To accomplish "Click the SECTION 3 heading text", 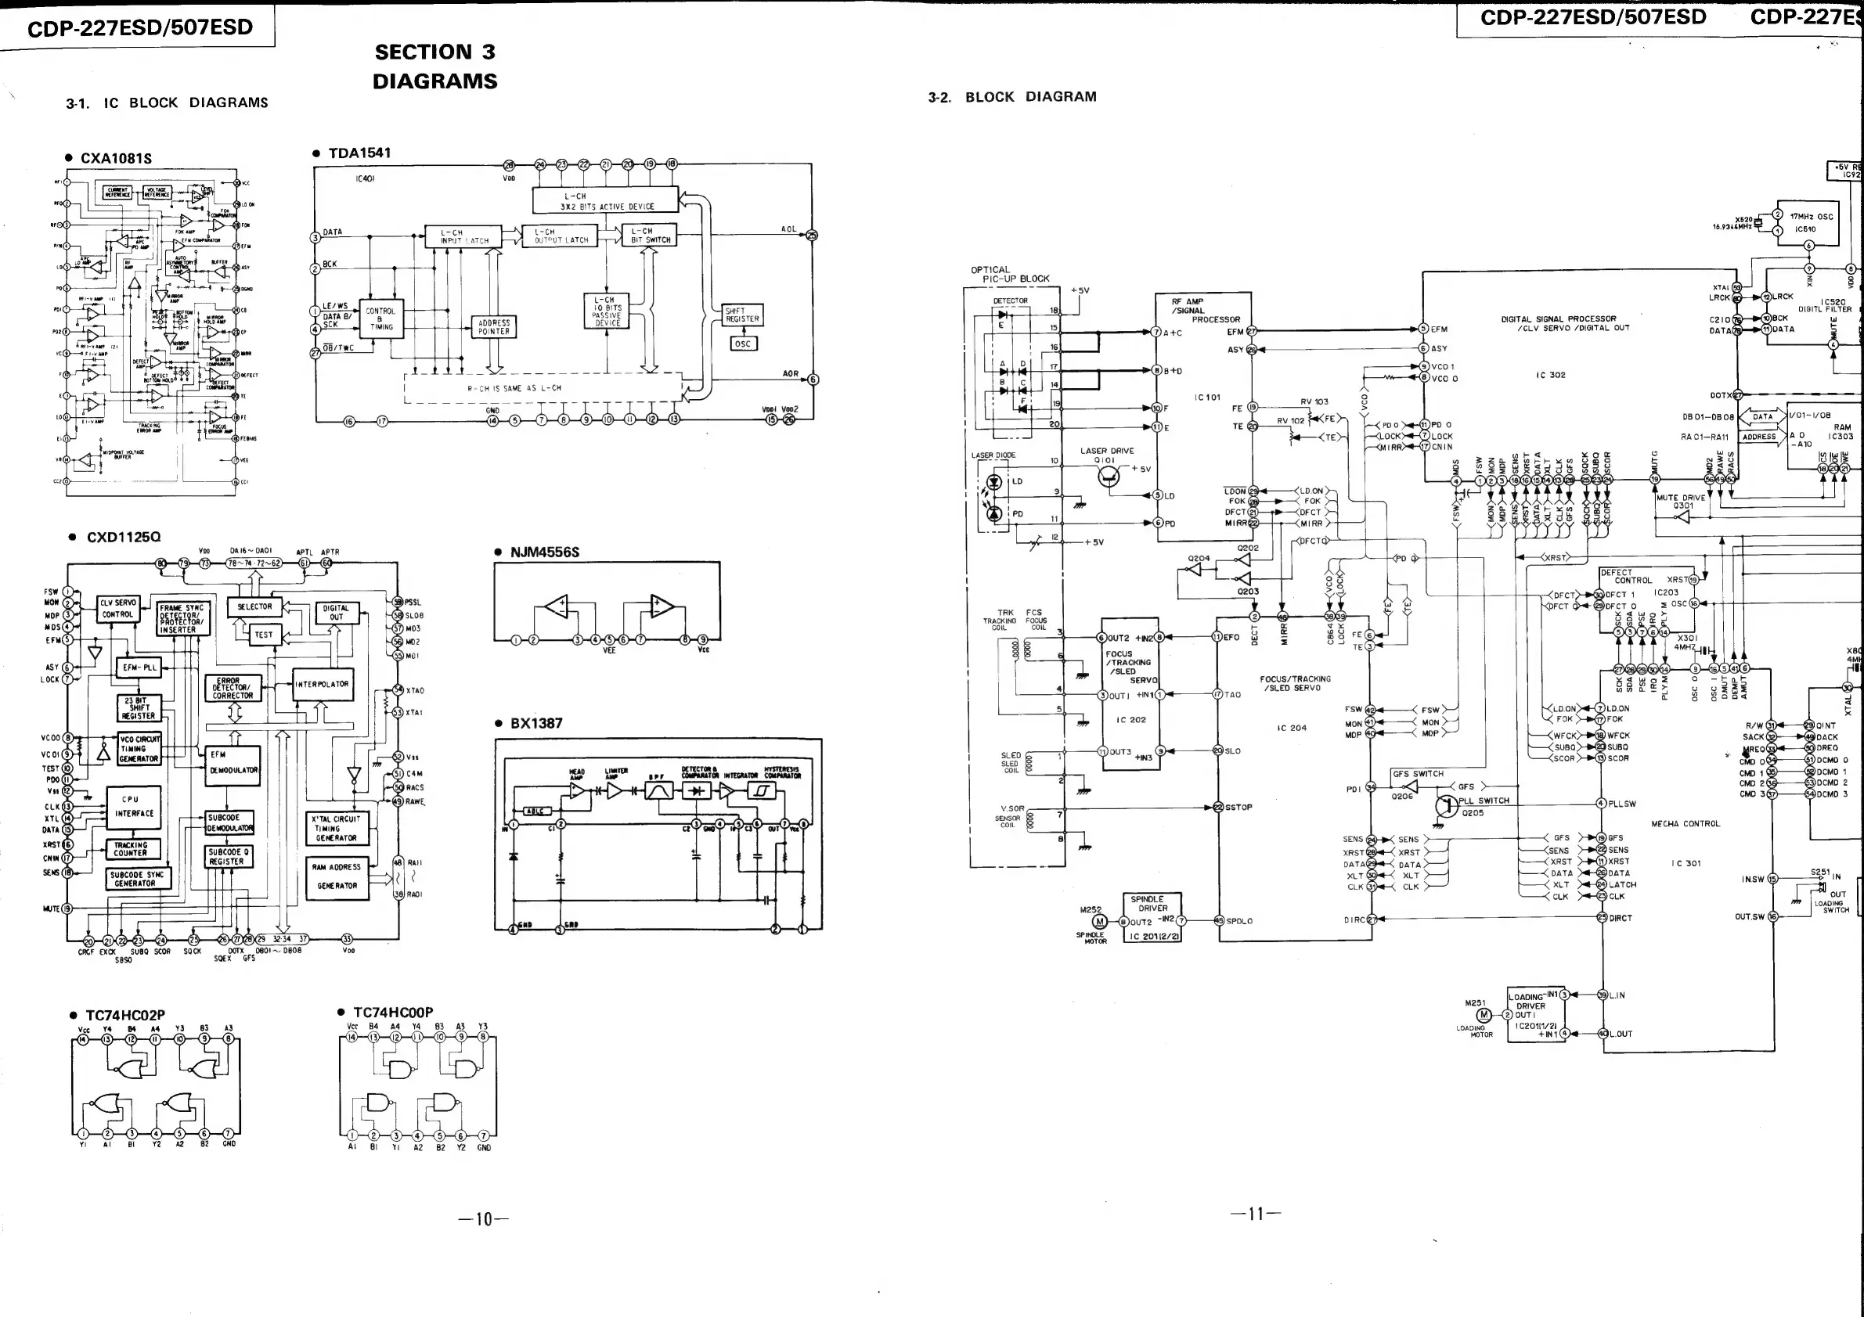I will point(434,52).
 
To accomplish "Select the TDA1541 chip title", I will point(359,153).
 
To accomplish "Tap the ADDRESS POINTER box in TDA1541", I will point(494,327).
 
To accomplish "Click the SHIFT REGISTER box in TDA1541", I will point(742,315).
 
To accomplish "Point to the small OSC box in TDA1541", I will point(742,344).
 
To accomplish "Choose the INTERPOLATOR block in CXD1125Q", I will point(322,684).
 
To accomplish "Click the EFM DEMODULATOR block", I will point(234,763).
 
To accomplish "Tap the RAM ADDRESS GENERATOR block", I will point(336,876).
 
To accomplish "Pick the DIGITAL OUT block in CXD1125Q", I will point(335,612).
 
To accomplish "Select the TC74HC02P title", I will point(125,1015).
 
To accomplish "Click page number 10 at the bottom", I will point(484,1219).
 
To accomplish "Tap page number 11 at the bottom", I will point(1255,1214).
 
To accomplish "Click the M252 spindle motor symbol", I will point(1099,921).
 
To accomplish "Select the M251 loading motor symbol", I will point(1484,1014).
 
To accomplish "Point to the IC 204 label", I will point(1292,728).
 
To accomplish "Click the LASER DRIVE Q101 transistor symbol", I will point(1109,478).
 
